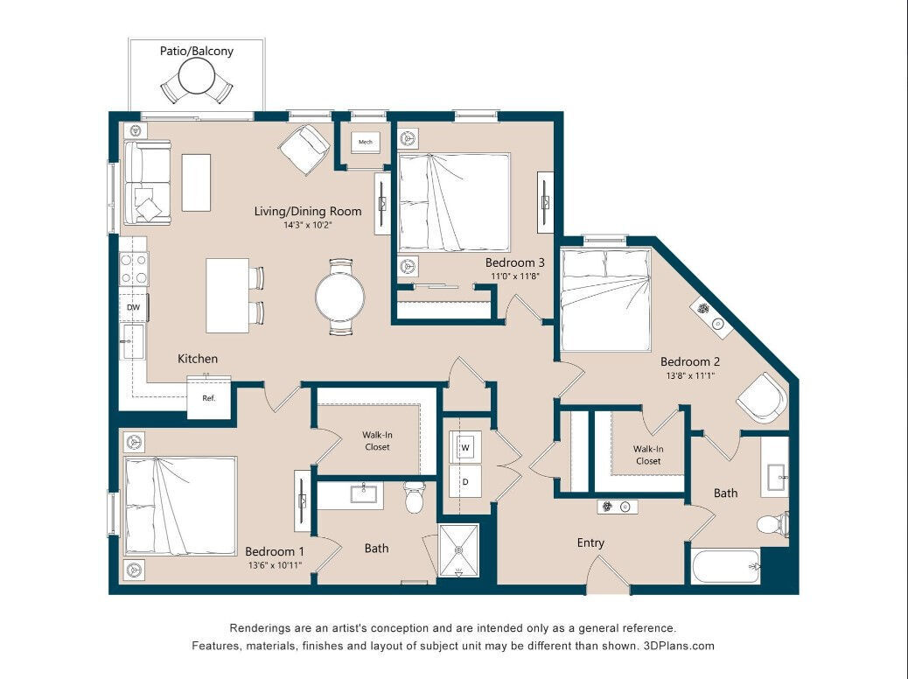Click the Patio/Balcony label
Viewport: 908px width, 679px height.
(x=196, y=51)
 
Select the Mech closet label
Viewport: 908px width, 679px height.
(x=366, y=142)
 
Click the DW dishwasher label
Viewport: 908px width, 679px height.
(x=133, y=307)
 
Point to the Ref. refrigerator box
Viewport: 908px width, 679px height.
(x=209, y=398)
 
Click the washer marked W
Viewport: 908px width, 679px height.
(x=465, y=448)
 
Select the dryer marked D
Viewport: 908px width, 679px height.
(x=465, y=481)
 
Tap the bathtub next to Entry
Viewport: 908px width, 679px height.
(x=725, y=567)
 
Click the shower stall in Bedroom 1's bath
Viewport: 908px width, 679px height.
(x=459, y=550)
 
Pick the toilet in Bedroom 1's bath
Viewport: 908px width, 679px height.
(x=415, y=498)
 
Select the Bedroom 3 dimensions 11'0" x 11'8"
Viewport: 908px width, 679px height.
(x=515, y=277)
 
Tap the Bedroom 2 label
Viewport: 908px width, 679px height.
(x=690, y=361)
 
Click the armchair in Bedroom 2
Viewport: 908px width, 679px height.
(x=762, y=398)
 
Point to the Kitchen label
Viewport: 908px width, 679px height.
(x=198, y=359)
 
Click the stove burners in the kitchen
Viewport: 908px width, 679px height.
(x=134, y=269)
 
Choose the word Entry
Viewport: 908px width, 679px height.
(x=590, y=542)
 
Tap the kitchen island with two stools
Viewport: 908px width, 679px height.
(x=227, y=295)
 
